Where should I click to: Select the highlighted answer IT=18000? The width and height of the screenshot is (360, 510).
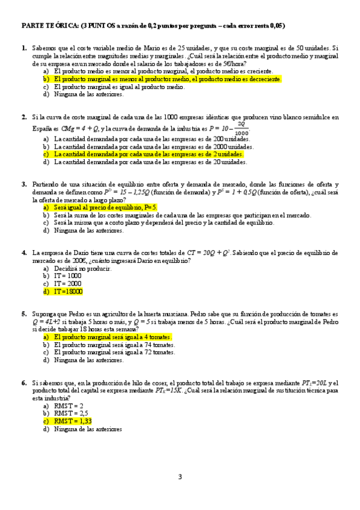pyautogui.click(x=68, y=291)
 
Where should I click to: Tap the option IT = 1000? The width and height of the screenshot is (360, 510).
pyautogui.click(x=67, y=275)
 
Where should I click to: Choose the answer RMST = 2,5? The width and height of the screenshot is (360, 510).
pyautogui.click(x=71, y=414)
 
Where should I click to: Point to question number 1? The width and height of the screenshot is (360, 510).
pyautogui.click(x=24, y=48)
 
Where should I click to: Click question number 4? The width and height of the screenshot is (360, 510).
pyautogui.click(x=24, y=253)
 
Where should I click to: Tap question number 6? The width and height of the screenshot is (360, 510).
pyautogui.click(x=24, y=382)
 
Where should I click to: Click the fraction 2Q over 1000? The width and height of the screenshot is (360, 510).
pyautogui.click(x=242, y=129)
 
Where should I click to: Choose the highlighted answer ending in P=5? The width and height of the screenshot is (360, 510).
pyautogui.click(x=105, y=207)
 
